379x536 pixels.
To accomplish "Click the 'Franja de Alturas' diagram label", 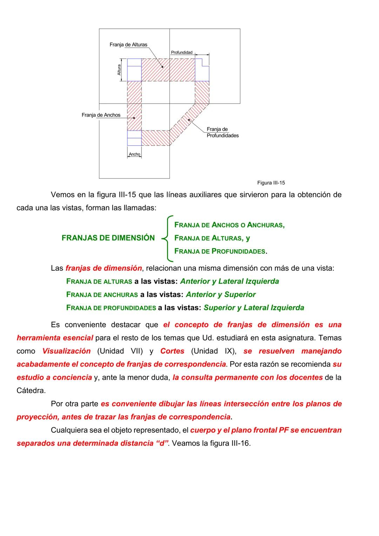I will [128, 45].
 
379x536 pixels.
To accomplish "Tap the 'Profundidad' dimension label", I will [181, 52].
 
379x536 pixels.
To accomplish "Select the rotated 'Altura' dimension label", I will [119, 70].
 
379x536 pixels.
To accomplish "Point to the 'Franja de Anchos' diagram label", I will [101, 115].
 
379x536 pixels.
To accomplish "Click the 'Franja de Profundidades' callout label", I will [222, 132].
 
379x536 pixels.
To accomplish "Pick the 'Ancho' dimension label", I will [134, 154].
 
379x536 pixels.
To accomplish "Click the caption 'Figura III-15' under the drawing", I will [271, 183].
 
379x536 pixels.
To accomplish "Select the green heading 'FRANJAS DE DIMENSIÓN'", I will [108, 238].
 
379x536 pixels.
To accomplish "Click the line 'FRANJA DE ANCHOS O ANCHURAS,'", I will [230, 225].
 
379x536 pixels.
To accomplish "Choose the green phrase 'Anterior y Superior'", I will [221, 295].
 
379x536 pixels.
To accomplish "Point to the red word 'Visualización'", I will [66, 351].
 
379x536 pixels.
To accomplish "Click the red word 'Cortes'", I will [172, 351].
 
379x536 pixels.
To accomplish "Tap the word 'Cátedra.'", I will [31, 390].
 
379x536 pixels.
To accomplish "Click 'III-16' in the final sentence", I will [241, 443].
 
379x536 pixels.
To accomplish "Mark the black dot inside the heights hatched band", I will [162, 67].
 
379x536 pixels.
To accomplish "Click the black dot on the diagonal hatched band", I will [189, 120].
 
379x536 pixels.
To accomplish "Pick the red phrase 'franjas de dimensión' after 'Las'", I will [104, 268].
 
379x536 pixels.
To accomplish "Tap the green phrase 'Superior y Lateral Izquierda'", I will [254, 308].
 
